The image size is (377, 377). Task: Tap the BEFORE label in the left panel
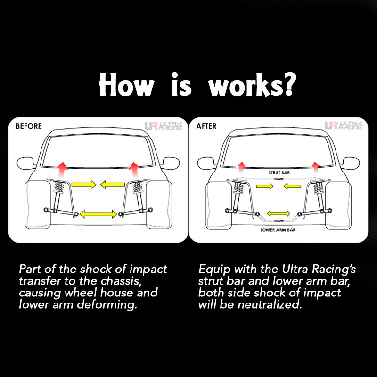tap(29, 126)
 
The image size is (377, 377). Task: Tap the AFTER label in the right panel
tap(206, 126)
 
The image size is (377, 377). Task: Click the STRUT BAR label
tap(279, 172)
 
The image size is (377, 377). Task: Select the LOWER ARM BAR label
tap(278, 230)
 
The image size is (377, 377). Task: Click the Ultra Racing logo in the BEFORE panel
tap(163, 125)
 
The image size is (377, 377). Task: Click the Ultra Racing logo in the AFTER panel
tap(344, 125)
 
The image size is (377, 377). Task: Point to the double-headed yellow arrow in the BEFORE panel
tap(98, 214)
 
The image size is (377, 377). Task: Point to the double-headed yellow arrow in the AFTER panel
tap(279, 213)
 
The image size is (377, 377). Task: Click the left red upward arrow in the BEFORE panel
tap(63, 170)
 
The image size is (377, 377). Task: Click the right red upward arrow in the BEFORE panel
tap(134, 170)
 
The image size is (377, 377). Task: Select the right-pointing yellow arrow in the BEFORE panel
tap(84, 185)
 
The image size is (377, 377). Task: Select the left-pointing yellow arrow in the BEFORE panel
tap(113, 185)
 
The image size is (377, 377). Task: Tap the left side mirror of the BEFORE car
tap(26, 163)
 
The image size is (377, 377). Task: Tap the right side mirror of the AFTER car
tap(351, 163)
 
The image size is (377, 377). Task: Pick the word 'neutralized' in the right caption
tap(270, 304)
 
